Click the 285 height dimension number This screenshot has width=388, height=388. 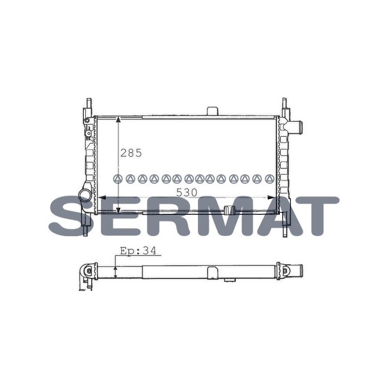pyautogui.click(x=131, y=153)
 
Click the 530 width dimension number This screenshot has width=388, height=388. pyautogui.click(x=187, y=193)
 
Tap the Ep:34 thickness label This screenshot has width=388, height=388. pyautogui.click(x=138, y=251)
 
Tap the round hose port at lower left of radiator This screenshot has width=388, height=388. pyautogui.click(x=85, y=195)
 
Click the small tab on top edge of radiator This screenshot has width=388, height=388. pyautogui.click(x=212, y=111)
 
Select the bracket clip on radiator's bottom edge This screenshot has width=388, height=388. pyautogui.click(x=229, y=210)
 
